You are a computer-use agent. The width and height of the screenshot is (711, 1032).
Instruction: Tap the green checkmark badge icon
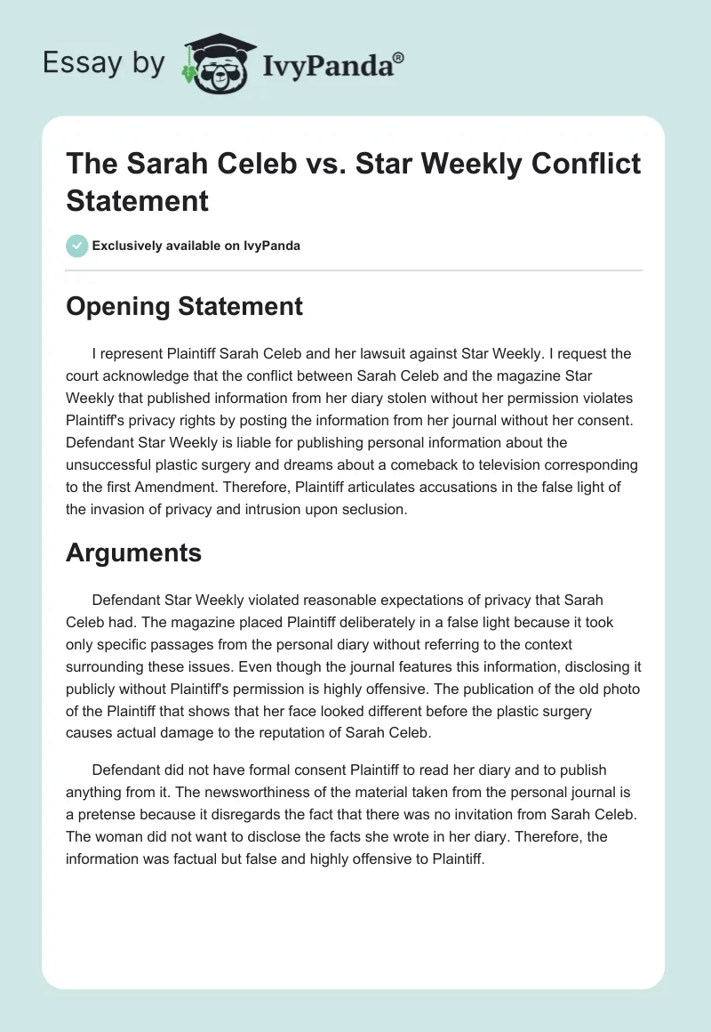click(77, 246)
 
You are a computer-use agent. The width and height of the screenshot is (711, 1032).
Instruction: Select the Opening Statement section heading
click(185, 306)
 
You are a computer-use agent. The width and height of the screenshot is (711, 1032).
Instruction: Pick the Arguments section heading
click(134, 552)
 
